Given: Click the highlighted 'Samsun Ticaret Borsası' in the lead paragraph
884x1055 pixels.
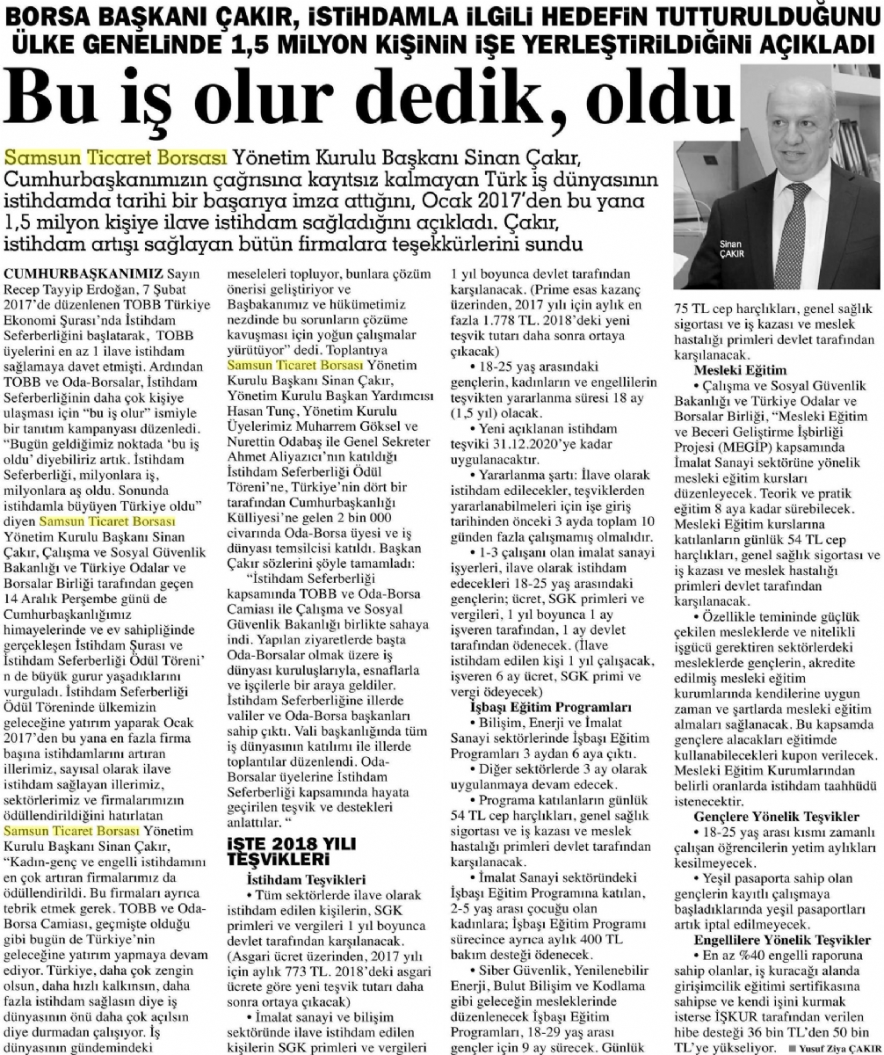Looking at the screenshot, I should [x=116, y=157].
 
